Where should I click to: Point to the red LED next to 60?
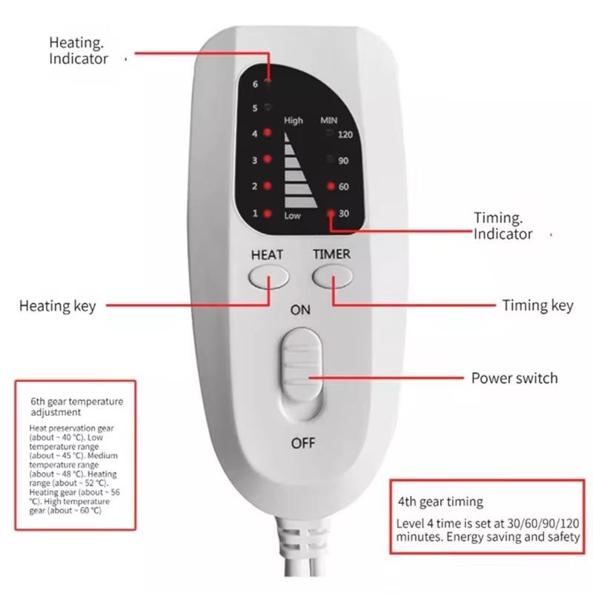331,187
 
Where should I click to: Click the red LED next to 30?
331,213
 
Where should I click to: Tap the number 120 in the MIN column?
345,135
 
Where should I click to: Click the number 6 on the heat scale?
255,85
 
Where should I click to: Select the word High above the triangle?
294,120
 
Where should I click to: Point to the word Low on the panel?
293,216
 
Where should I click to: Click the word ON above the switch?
300,311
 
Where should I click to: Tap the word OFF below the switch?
303,443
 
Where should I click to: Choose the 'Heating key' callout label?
57,305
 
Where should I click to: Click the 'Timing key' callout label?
537,305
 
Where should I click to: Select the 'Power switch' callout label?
514,378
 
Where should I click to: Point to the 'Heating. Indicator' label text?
79,50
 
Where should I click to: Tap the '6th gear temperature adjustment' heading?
76,406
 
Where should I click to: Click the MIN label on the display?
328,120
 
